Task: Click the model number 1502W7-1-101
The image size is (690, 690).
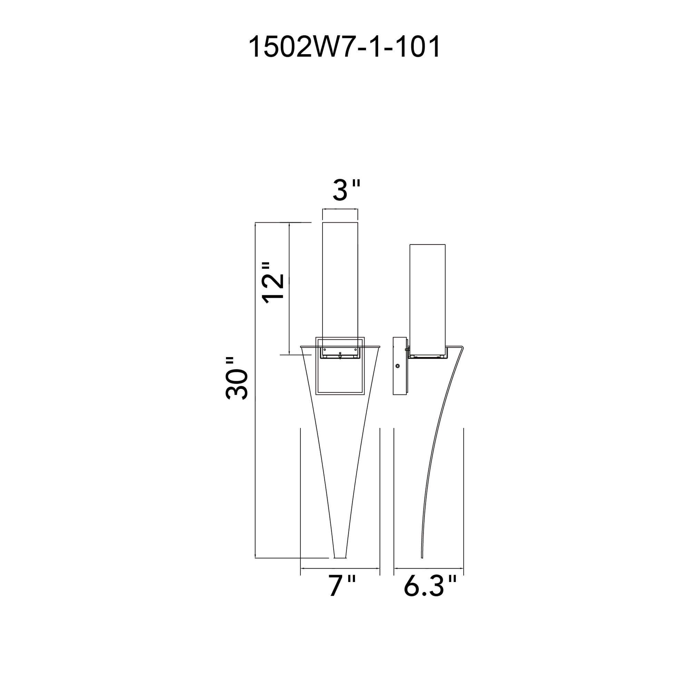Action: [x=344, y=47]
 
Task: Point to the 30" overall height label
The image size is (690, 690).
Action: [x=237, y=378]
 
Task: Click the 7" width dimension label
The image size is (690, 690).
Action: [x=342, y=586]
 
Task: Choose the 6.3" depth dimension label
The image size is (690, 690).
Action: [x=430, y=586]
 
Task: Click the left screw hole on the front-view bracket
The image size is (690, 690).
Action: [x=325, y=349]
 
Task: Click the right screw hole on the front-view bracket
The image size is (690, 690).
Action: [x=355, y=349]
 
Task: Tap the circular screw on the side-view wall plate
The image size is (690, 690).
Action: [x=397, y=366]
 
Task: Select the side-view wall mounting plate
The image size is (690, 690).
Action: [x=400, y=366]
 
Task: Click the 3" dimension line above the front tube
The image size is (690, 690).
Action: [x=340, y=209]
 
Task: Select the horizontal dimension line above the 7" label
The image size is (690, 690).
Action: [x=340, y=568]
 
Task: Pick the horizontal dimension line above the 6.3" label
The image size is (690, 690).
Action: [x=428, y=568]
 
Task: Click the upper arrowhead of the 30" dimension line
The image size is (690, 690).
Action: [x=255, y=225]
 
